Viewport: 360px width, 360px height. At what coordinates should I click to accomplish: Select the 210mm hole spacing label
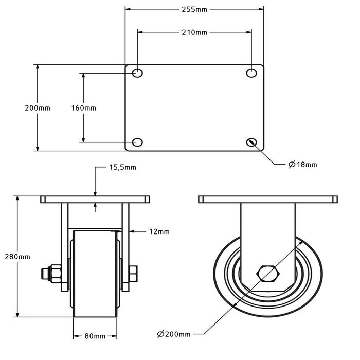tap(194, 32)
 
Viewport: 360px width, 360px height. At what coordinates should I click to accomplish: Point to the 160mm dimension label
tap(83, 108)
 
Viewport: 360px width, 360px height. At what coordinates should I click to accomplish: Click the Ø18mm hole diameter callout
tap(302, 165)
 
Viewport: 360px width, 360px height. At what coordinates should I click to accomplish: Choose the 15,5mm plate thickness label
tap(122, 167)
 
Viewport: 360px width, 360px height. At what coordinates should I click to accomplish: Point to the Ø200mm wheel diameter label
tap(173, 334)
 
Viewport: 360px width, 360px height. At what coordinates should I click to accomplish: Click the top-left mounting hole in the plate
tap(137, 74)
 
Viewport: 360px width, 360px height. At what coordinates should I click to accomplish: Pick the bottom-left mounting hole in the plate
tap(137, 142)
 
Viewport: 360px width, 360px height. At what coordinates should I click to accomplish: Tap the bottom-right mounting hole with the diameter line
tap(251, 142)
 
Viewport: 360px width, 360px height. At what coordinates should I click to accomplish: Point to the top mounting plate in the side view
tap(267, 199)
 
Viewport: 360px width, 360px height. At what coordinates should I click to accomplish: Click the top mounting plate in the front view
tap(95, 199)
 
